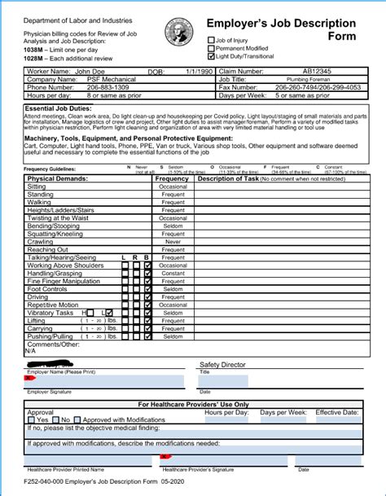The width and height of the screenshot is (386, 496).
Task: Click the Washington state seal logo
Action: point(178,32)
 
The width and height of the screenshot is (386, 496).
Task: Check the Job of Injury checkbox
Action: point(211,39)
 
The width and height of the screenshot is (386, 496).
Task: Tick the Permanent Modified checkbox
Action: point(211,47)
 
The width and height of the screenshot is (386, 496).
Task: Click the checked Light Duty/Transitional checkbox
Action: point(211,55)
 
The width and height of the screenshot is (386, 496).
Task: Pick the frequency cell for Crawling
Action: point(173,242)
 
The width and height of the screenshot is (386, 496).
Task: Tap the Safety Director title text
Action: point(223,365)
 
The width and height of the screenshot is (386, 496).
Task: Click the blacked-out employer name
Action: point(53,364)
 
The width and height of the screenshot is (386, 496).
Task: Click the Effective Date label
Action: point(336,413)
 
